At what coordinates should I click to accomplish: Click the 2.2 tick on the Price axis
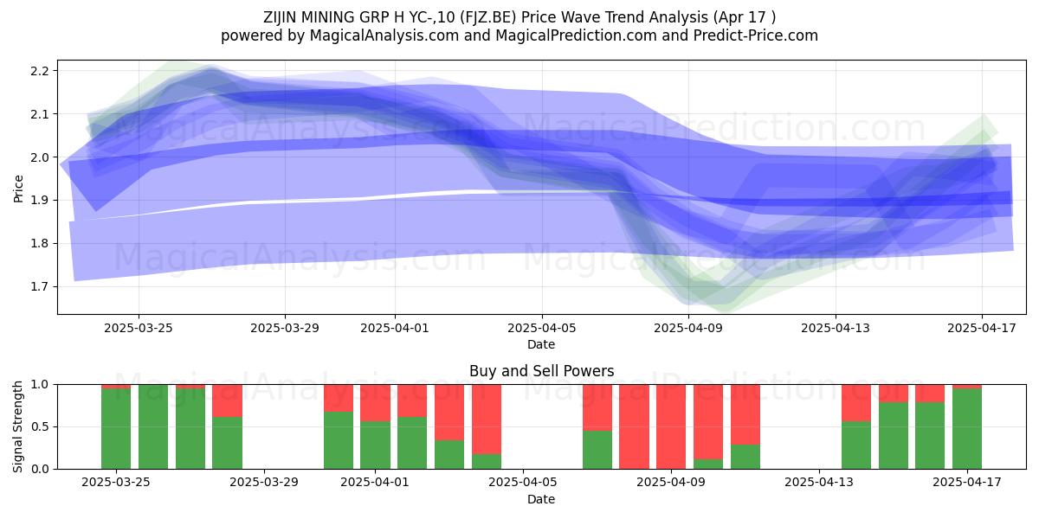(x=39, y=71)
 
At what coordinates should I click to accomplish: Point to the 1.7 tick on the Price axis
(x=39, y=287)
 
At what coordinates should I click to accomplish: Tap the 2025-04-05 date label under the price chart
(x=541, y=328)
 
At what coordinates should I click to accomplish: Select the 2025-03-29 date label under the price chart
(x=285, y=328)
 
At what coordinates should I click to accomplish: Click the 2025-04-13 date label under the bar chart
(x=819, y=483)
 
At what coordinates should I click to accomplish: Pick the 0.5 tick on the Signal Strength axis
(x=39, y=426)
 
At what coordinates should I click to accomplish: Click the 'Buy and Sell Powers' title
(x=541, y=371)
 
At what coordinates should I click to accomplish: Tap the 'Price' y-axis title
(x=18, y=189)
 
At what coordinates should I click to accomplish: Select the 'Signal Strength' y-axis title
(x=17, y=426)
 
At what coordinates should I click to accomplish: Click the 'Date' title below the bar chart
(x=541, y=499)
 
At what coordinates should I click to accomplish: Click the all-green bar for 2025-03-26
(x=153, y=426)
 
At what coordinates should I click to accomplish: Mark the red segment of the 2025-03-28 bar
(x=227, y=400)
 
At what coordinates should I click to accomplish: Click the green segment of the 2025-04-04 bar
(x=487, y=462)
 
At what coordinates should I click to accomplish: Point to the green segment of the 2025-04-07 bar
(x=597, y=450)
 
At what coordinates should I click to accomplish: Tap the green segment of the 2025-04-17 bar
(x=967, y=429)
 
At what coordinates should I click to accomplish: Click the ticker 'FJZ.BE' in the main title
(x=488, y=17)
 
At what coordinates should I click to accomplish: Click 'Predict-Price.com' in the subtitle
(x=756, y=35)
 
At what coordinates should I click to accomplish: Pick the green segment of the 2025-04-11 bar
(x=745, y=457)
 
